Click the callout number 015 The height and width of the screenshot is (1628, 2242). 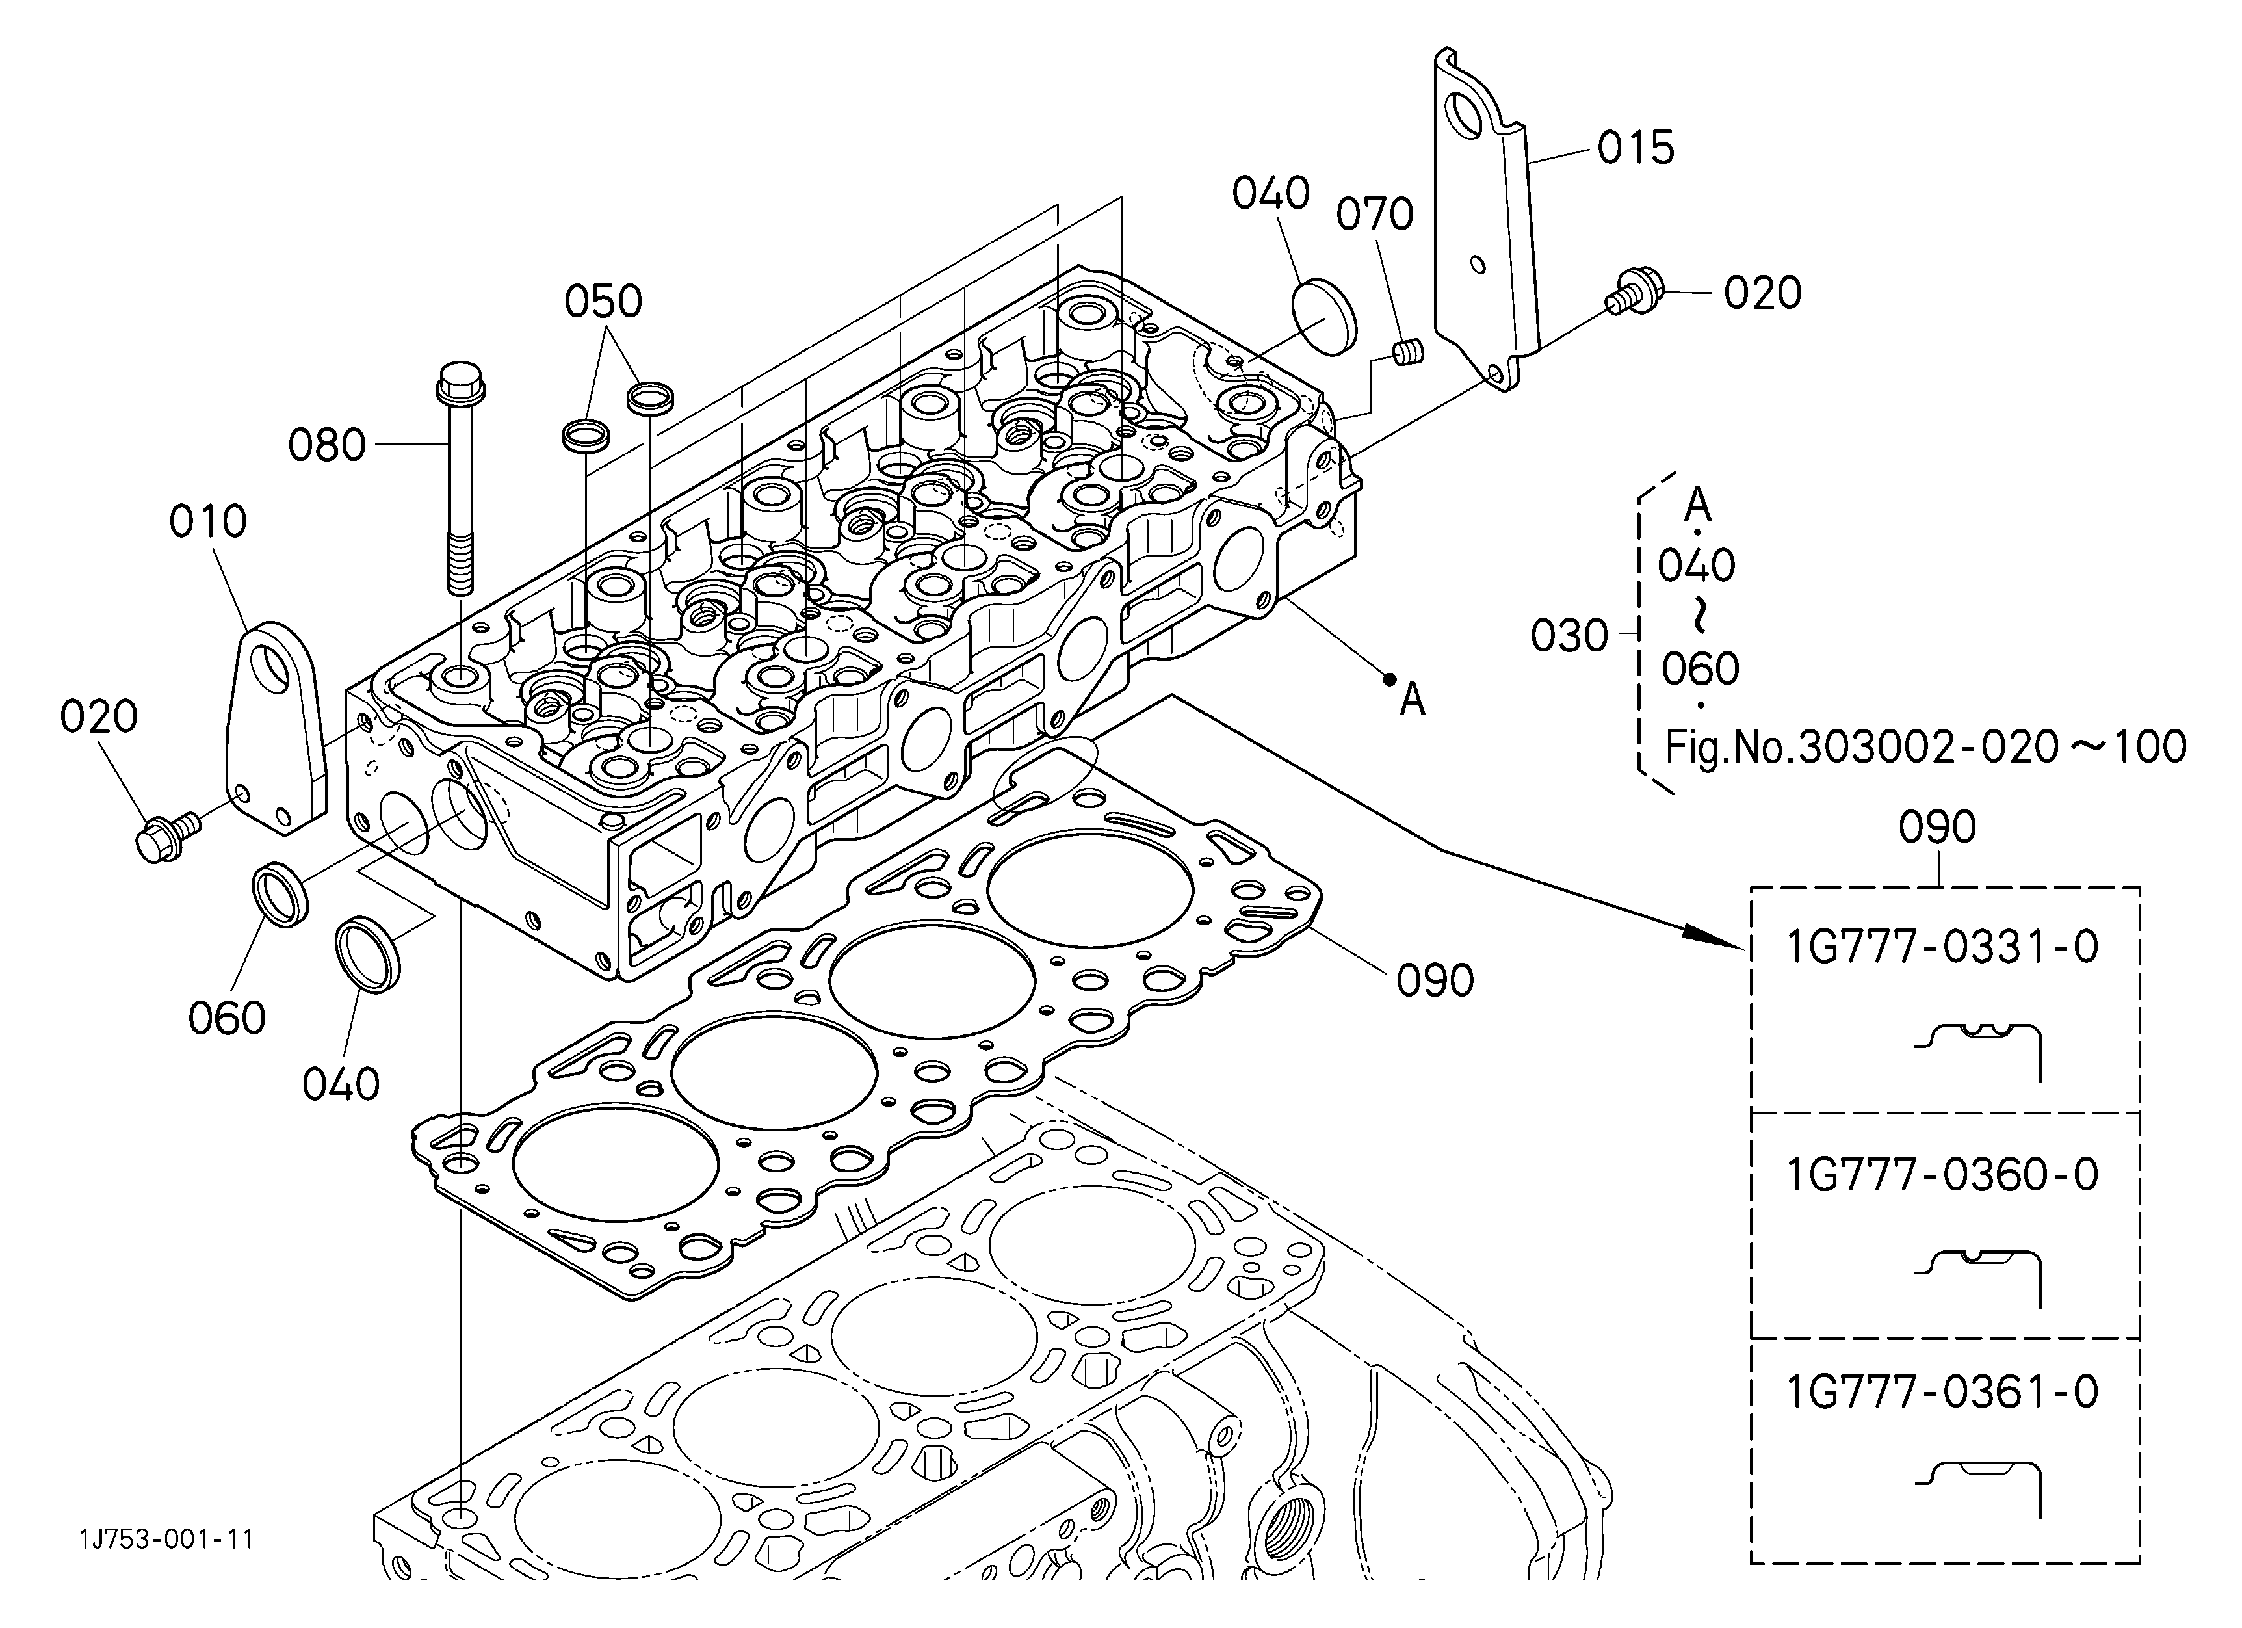(1636, 148)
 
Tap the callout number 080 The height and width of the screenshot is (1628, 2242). (327, 446)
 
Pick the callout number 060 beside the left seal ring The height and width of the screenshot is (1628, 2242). (228, 1018)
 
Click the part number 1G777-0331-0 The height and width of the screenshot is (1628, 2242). (1942, 947)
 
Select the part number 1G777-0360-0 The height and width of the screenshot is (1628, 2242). (1942, 1174)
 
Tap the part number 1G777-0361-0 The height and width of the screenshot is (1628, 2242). (1942, 1392)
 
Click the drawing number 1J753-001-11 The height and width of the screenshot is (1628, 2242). (167, 1539)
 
